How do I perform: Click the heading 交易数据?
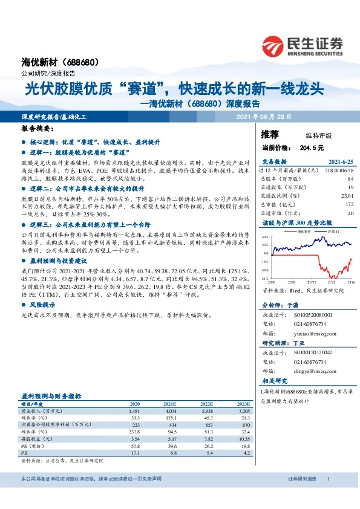(274, 162)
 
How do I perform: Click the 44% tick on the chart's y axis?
(265, 236)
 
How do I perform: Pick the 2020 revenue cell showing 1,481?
(134, 410)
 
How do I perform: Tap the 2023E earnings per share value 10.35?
(244, 438)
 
